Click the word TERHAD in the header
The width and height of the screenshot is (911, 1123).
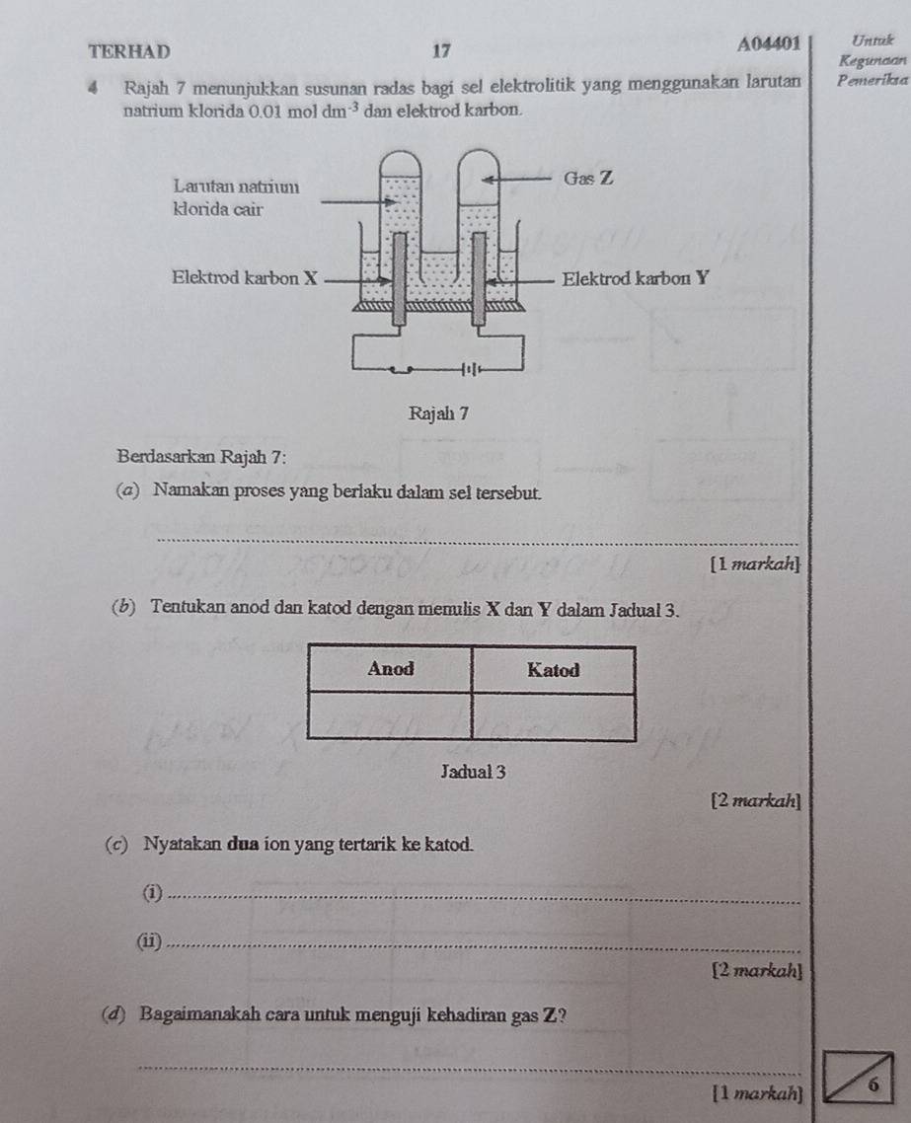129,51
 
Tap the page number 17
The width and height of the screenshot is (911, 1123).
442,51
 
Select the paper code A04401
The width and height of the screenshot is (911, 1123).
769,44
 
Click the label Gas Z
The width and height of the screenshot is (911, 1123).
588,178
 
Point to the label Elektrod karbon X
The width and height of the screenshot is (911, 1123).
244,278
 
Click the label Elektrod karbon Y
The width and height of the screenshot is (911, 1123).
636,278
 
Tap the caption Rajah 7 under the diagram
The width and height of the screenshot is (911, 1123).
438,413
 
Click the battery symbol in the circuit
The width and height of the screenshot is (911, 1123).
471,369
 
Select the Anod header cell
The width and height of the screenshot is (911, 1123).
390,670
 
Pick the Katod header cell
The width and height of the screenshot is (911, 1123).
554,670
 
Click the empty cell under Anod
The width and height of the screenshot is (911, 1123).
390,715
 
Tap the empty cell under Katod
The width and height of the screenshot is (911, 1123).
554,716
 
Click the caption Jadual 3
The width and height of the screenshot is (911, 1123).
474,772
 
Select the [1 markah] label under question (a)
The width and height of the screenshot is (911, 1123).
755,564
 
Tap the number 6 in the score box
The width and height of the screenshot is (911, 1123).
872,1085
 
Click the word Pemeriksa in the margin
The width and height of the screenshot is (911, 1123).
873,80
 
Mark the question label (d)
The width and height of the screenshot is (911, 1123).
114,1014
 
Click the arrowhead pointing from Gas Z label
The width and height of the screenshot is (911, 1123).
489,179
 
